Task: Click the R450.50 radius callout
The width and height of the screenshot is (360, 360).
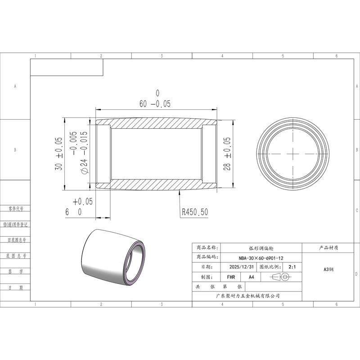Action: (195, 212)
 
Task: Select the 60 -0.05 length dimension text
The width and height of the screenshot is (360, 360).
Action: (155, 104)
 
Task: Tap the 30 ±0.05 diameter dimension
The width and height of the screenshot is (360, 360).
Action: (59, 154)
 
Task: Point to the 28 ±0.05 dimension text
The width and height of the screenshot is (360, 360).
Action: (227, 154)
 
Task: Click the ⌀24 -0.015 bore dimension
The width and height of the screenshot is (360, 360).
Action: (84, 153)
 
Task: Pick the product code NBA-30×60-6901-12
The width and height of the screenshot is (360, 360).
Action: (261, 258)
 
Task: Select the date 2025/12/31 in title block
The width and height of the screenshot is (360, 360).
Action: (242, 267)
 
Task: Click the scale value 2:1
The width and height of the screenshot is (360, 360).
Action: (292, 267)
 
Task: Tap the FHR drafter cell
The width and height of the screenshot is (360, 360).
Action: (231, 277)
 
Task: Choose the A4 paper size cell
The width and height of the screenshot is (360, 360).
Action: (252, 277)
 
